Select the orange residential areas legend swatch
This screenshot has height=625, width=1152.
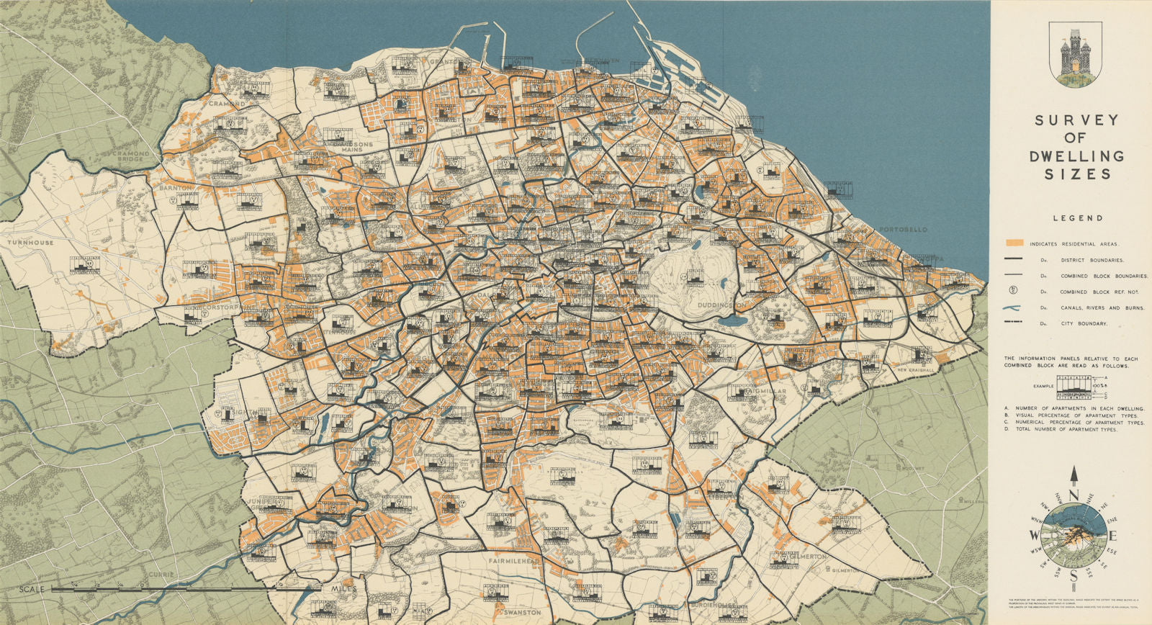tap(1016, 243)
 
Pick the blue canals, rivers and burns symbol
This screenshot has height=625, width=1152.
tap(1015, 307)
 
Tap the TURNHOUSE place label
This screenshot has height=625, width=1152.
tap(30, 243)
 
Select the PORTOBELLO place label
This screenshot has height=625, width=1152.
tap(903, 230)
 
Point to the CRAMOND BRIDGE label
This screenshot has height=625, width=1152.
tap(130, 157)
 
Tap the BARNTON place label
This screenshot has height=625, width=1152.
tap(176, 187)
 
